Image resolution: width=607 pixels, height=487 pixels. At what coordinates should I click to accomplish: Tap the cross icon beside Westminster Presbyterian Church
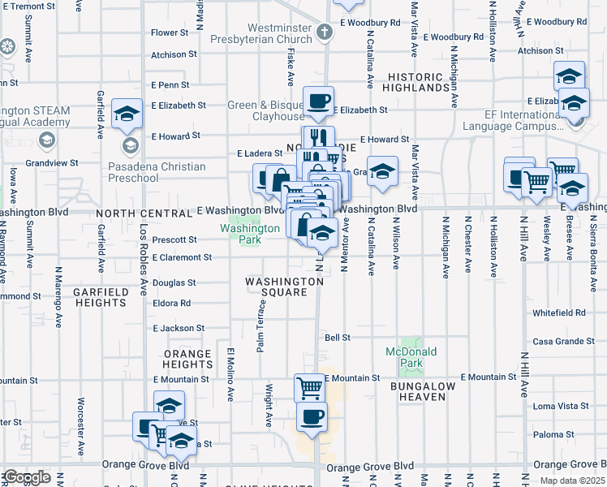325,33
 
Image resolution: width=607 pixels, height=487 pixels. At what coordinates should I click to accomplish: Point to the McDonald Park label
411,357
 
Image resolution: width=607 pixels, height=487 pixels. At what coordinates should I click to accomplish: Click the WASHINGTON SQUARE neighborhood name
285,287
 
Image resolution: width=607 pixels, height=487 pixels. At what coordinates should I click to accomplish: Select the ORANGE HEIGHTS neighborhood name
188,360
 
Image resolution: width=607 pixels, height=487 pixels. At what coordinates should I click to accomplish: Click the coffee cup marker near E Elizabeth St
318,101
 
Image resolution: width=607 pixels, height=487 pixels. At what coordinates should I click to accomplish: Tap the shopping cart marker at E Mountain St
309,388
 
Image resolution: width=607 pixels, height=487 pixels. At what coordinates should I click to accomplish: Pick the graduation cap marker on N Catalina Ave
382,171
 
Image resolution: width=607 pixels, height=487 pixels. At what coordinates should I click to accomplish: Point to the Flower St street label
170,33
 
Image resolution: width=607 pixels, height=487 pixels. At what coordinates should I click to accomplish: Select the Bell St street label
337,337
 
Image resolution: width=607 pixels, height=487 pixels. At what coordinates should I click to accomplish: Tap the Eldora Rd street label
171,303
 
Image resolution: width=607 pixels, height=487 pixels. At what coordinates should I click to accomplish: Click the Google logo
26,477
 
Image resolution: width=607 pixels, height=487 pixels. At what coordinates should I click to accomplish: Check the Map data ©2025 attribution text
572,481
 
